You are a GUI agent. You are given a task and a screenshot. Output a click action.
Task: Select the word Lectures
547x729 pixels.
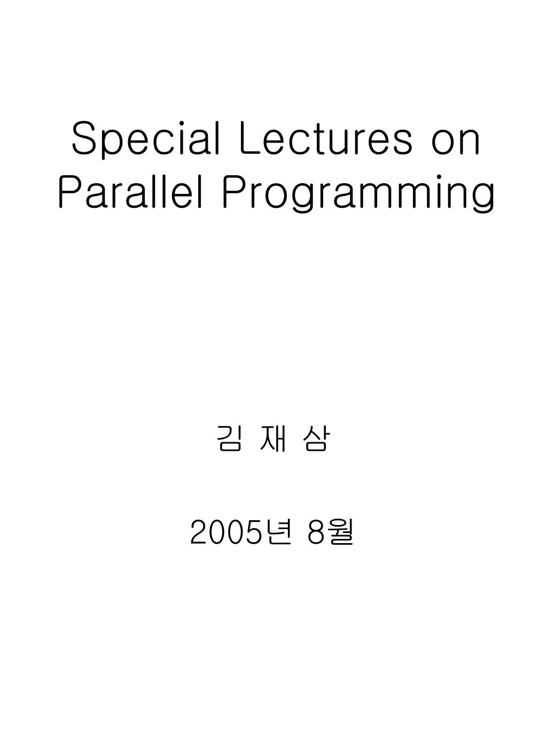tap(326, 140)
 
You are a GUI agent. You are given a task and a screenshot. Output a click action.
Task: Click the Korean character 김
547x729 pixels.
tap(229, 440)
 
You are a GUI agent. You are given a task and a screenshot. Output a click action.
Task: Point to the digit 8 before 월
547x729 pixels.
tap(316, 533)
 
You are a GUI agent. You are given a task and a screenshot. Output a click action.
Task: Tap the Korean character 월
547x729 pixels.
tap(341, 532)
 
